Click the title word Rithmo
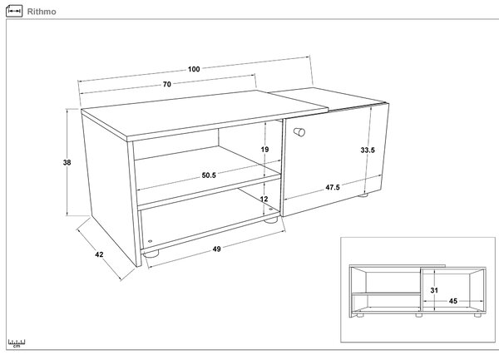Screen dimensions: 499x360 pyautogui.click(x=42, y=12)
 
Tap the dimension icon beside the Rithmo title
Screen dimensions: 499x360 pyautogui.click(x=14, y=11)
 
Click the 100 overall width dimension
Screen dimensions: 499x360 pyautogui.click(x=194, y=69)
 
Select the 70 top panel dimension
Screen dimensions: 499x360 pyautogui.click(x=167, y=84)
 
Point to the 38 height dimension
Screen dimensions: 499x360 pyautogui.click(x=67, y=162)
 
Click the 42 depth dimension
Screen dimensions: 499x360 pyautogui.click(x=99, y=254)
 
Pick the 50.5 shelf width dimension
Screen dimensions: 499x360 pyautogui.click(x=209, y=175)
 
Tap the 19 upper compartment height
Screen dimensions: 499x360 pyautogui.click(x=264, y=150)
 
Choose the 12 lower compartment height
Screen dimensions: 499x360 pyautogui.click(x=264, y=199)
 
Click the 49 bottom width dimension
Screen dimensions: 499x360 pyautogui.click(x=217, y=249)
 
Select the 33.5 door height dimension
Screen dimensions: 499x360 pyautogui.click(x=368, y=150)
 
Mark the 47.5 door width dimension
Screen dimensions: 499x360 pyautogui.click(x=333, y=187)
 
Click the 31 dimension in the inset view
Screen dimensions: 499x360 pyautogui.click(x=434, y=290)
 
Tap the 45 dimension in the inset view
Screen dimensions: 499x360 pyautogui.click(x=453, y=301)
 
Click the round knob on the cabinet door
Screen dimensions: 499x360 pyautogui.click(x=299, y=131)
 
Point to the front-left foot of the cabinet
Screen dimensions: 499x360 pyautogui.click(x=151, y=254)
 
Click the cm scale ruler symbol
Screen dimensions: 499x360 pyautogui.click(x=17, y=343)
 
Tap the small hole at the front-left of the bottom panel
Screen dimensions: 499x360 pyautogui.click(x=151, y=241)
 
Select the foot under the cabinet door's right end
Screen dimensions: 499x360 pyautogui.click(x=363, y=195)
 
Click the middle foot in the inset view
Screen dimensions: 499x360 pyautogui.click(x=419, y=315)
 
